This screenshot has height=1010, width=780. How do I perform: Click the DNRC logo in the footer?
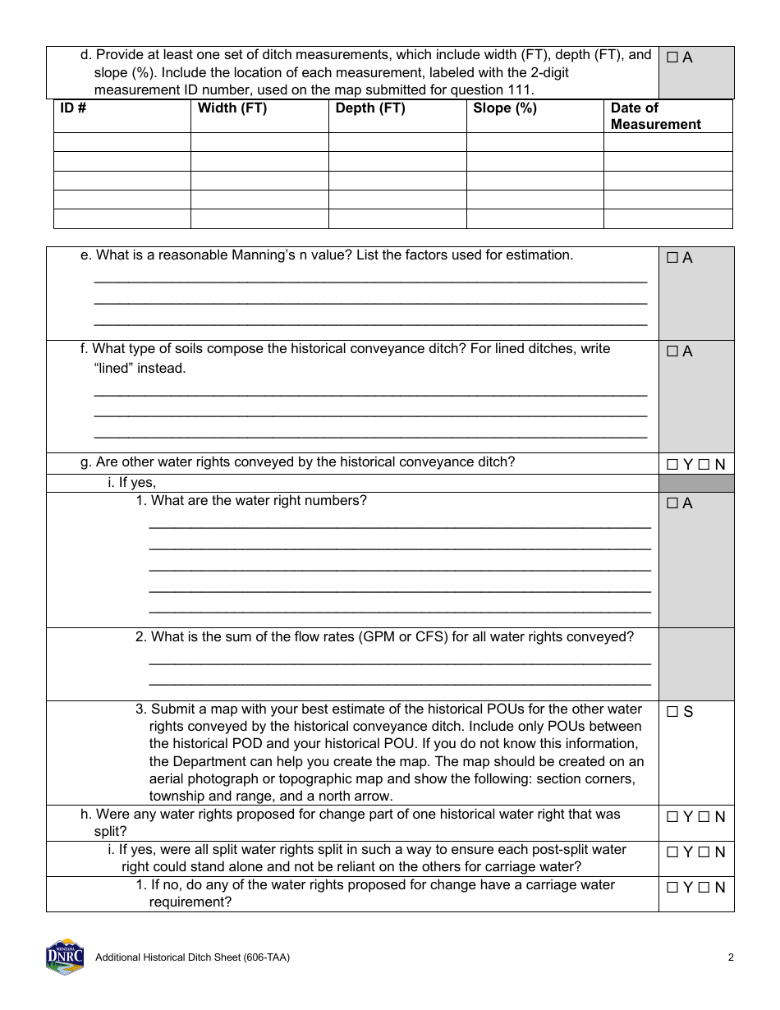click(x=64, y=957)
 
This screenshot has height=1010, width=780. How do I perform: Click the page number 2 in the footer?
click(x=730, y=957)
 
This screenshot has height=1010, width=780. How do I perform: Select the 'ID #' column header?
click(x=73, y=108)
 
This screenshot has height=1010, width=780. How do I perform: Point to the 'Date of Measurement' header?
click(x=655, y=116)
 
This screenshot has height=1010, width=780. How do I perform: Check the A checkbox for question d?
click(x=672, y=58)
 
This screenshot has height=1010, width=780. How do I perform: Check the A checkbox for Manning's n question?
click(x=672, y=259)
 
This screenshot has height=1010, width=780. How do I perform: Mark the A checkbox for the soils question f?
click(x=672, y=352)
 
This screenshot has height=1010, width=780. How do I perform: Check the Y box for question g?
click(x=672, y=465)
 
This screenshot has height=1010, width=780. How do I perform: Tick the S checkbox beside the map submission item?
click(x=672, y=712)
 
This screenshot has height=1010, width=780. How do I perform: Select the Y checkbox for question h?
click(x=672, y=817)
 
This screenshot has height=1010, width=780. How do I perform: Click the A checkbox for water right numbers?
click(x=672, y=504)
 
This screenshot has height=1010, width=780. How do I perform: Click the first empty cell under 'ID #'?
click(x=122, y=142)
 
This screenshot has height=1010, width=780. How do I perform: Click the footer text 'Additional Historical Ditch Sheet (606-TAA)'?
click(x=192, y=957)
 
